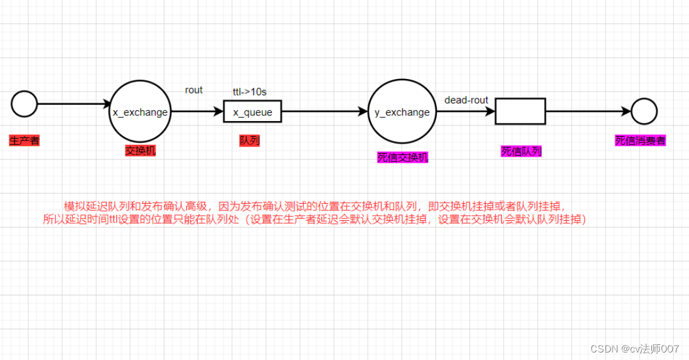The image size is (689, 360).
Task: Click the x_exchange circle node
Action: pyautogui.click(x=140, y=112)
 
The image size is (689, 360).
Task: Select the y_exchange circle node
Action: pyautogui.click(x=402, y=112)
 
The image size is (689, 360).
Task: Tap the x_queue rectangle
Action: pyautogui.click(x=252, y=112)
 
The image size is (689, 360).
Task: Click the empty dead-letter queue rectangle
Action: pyautogui.click(x=520, y=112)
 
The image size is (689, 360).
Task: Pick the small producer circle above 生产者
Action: pyautogui.click(x=24, y=104)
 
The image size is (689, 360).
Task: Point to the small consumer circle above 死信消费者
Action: pyautogui.click(x=644, y=112)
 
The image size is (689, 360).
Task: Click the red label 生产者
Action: pyautogui.click(x=24, y=140)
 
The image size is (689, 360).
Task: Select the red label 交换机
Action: pyautogui.click(x=140, y=151)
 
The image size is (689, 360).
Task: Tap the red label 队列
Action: pyautogui.click(x=249, y=140)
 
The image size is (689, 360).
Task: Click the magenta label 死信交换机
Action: pyautogui.click(x=402, y=157)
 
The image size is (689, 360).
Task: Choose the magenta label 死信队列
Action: pyautogui.click(x=521, y=151)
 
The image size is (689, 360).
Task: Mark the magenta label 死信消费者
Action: pyautogui.click(x=640, y=141)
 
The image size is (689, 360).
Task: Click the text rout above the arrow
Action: pyautogui.click(x=194, y=90)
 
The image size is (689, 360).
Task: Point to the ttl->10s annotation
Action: pyautogui.click(x=250, y=92)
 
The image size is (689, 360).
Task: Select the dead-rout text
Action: pyautogui.click(x=466, y=100)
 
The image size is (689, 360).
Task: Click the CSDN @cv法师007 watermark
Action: pyautogui.click(x=635, y=347)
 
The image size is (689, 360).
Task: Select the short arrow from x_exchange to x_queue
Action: pyautogui.click(x=197, y=112)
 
